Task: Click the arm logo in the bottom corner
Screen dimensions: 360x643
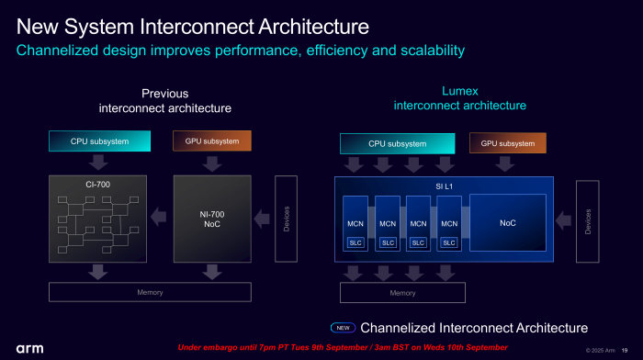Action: pyautogui.click(x=28, y=349)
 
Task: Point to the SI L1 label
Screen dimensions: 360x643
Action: pyautogui.click(x=446, y=186)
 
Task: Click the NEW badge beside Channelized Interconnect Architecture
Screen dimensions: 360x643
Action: pyautogui.click(x=342, y=328)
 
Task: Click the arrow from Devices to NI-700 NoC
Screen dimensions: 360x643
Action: pyautogui.click(x=263, y=218)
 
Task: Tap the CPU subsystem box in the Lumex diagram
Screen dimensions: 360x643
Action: pyautogui.click(x=397, y=143)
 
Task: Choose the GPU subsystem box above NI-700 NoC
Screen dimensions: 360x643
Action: pyautogui.click(x=212, y=141)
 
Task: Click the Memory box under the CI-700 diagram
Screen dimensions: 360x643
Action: pyautogui.click(x=151, y=292)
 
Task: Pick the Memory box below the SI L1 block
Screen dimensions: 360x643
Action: pyautogui.click(x=402, y=293)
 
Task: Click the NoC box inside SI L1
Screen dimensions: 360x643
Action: pyautogui.click(x=507, y=223)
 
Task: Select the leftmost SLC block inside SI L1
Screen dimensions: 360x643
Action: pyautogui.click(x=355, y=242)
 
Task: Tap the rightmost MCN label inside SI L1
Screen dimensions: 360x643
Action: pyautogui.click(x=449, y=223)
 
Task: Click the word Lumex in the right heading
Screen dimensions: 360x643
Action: pyautogui.click(x=459, y=90)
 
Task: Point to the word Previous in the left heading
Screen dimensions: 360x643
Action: pyautogui.click(x=164, y=94)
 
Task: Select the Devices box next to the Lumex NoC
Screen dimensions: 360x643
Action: pyautogui.click(x=588, y=221)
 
